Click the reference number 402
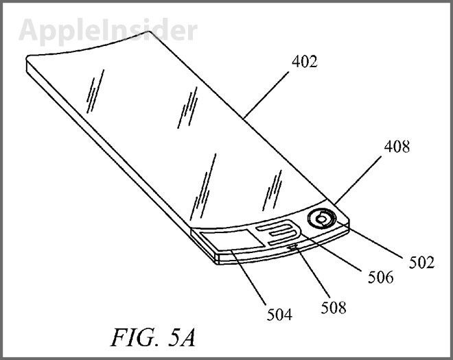tap(305, 62)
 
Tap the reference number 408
tap(397, 147)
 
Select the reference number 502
tap(421, 263)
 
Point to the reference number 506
tap(380, 277)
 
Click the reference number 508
tap(334, 307)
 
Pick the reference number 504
tap(279, 314)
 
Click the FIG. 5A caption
tap(153, 337)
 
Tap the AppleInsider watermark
tap(108, 31)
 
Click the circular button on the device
tap(322, 219)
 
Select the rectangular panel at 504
tap(233, 239)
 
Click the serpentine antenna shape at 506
tap(278, 232)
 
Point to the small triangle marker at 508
tap(293, 246)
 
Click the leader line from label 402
tap(266, 95)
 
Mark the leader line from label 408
tap(358, 180)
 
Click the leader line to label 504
tap(248, 278)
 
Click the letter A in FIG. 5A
tap(187, 337)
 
